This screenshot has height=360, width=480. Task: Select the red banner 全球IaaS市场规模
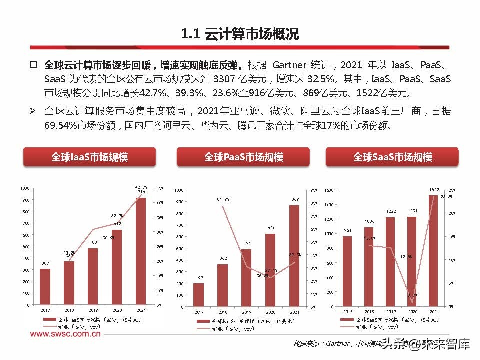pos(89,157)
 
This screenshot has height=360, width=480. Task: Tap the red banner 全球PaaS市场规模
pos(243,157)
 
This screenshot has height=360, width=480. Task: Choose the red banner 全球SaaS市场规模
pos(392,157)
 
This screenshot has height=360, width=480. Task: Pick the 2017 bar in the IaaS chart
pos(45,286)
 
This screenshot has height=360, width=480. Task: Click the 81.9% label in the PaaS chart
pos(223,199)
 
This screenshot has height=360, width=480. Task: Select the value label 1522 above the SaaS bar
pos(434,190)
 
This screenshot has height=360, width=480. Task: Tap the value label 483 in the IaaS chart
pos(93,243)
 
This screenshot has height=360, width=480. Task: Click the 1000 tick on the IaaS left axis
pos(24,188)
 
